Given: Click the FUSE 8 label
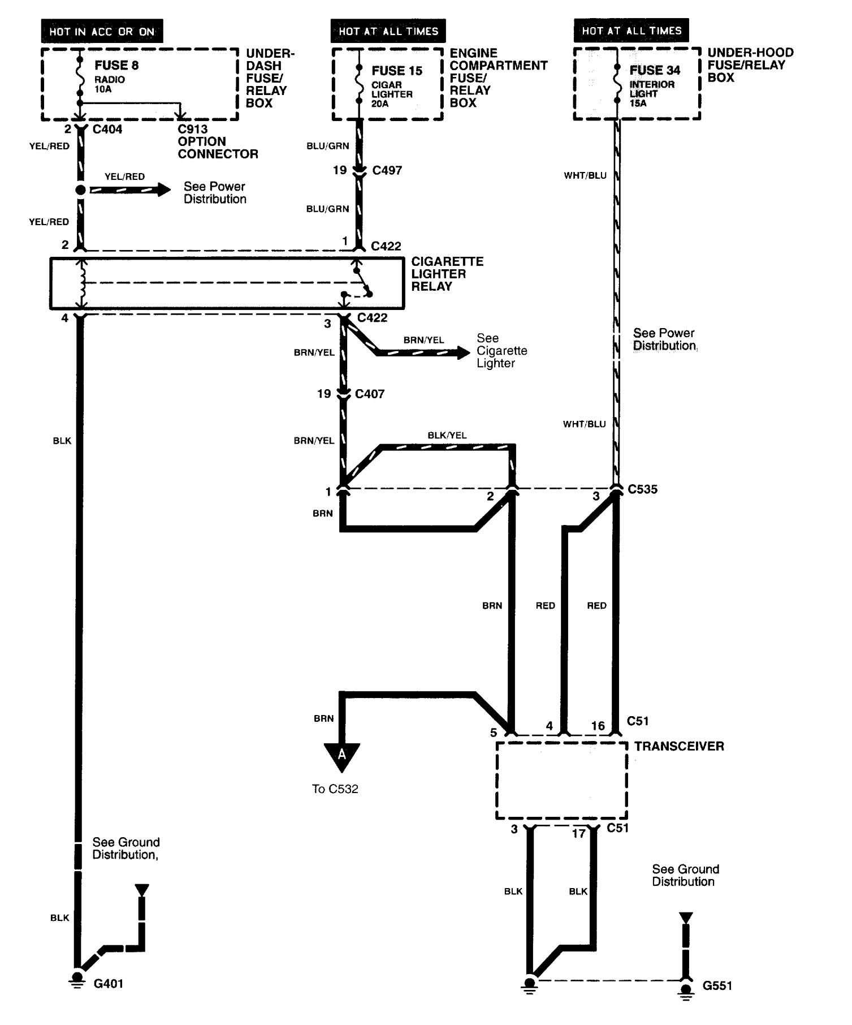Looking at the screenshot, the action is pos(116,65).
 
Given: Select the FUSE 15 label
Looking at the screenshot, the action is pos(397,71).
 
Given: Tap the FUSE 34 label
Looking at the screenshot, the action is pos(655,70).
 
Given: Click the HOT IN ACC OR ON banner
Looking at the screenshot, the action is pos(102,32).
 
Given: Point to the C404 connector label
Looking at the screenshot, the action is pos(107,129).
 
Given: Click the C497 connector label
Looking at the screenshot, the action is pos(387,170).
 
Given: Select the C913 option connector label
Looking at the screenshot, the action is pos(218,141).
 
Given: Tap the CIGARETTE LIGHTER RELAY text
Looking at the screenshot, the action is pos(447,274).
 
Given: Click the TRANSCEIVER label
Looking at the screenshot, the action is pos(679,746).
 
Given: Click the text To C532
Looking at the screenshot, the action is pos(335,789).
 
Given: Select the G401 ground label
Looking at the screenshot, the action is pos(108,984).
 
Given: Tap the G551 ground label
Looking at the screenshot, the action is pos(717,986).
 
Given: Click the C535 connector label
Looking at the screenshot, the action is pos(643,489).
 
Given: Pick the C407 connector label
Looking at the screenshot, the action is pos(370,394).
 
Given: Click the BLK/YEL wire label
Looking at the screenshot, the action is pos(447,435).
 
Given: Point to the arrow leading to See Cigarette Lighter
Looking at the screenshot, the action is pos(423,353).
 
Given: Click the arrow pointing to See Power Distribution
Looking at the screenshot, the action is pos(130,190).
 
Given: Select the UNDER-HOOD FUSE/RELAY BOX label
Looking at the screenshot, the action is pos(750,65).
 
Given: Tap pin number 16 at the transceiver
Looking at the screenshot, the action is pos(598,726).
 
